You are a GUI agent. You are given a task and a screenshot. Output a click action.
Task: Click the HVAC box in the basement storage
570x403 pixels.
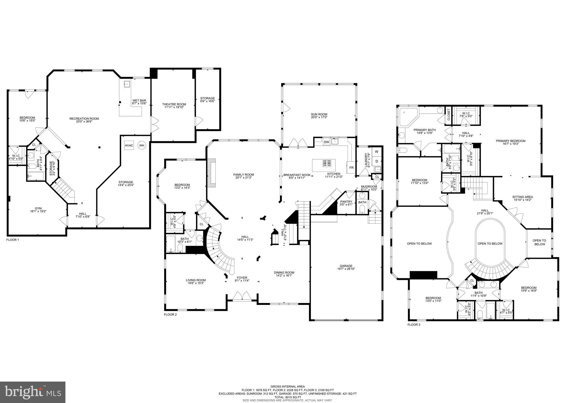click(x=129, y=145)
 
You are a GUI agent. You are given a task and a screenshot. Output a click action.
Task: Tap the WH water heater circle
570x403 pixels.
click(x=142, y=145)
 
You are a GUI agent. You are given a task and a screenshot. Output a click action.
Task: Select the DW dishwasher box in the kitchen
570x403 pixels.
click(x=326, y=142)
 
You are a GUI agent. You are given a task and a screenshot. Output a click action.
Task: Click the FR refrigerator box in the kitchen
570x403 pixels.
click(x=351, y=168)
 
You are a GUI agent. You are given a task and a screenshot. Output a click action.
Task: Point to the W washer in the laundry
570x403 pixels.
click(x=377, y=152)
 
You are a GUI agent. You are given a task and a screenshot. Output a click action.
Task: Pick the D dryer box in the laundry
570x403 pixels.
click(x=377, y=161)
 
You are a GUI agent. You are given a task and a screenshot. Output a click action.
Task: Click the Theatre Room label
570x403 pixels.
click(x=174, y=104)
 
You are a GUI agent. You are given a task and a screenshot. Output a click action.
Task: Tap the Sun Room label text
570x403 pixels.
click(x=319, y=114)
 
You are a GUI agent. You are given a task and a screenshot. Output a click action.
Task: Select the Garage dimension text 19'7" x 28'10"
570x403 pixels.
click(x=346, y=269)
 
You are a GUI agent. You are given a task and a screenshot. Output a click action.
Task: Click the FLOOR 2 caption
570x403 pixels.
click(x=170, y=315)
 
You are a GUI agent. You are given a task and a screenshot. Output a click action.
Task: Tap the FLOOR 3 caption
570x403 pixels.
click(x=414, y=325)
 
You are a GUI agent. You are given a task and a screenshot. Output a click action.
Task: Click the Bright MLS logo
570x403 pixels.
click(x=33, y=392)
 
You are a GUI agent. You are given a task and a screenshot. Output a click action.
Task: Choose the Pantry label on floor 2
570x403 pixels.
click(x=346, y=202)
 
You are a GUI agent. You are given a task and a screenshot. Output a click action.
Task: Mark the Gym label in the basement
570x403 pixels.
click(x=38, y=208)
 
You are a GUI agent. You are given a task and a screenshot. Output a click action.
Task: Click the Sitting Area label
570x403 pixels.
click(x=522, y=197)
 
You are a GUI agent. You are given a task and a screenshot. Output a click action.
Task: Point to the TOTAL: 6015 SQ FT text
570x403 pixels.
click(x=288, y=397)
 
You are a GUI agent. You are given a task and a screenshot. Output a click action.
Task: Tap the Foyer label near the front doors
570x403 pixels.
click(x=242, y=277)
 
